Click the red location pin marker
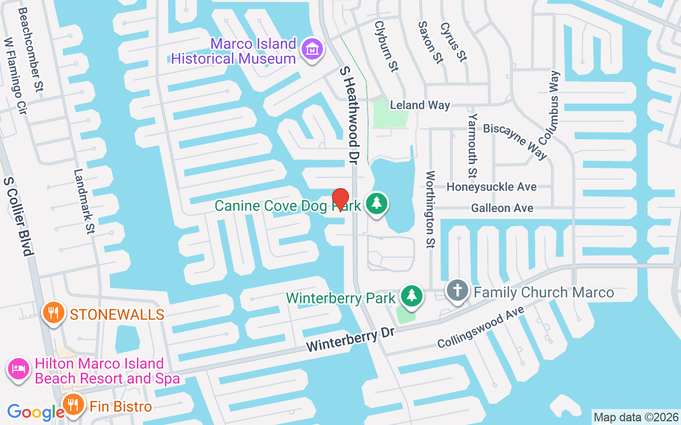click(x=340, y=200)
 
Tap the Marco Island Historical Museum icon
click(x=312, y=50)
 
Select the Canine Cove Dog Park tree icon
click(x=377, y=204)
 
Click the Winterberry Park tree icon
click(x=411, y=296)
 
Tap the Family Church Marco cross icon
click(x=457, y=291)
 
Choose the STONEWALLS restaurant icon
click(x=53, y=312)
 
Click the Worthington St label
click(x=430, y=209)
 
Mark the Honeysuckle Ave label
click(x=491, y=187)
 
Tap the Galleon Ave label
click(x=502, y=208)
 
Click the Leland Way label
click(x=420, y=105)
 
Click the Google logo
click(x=35, y=412)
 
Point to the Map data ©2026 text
click(x=636, y=417)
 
